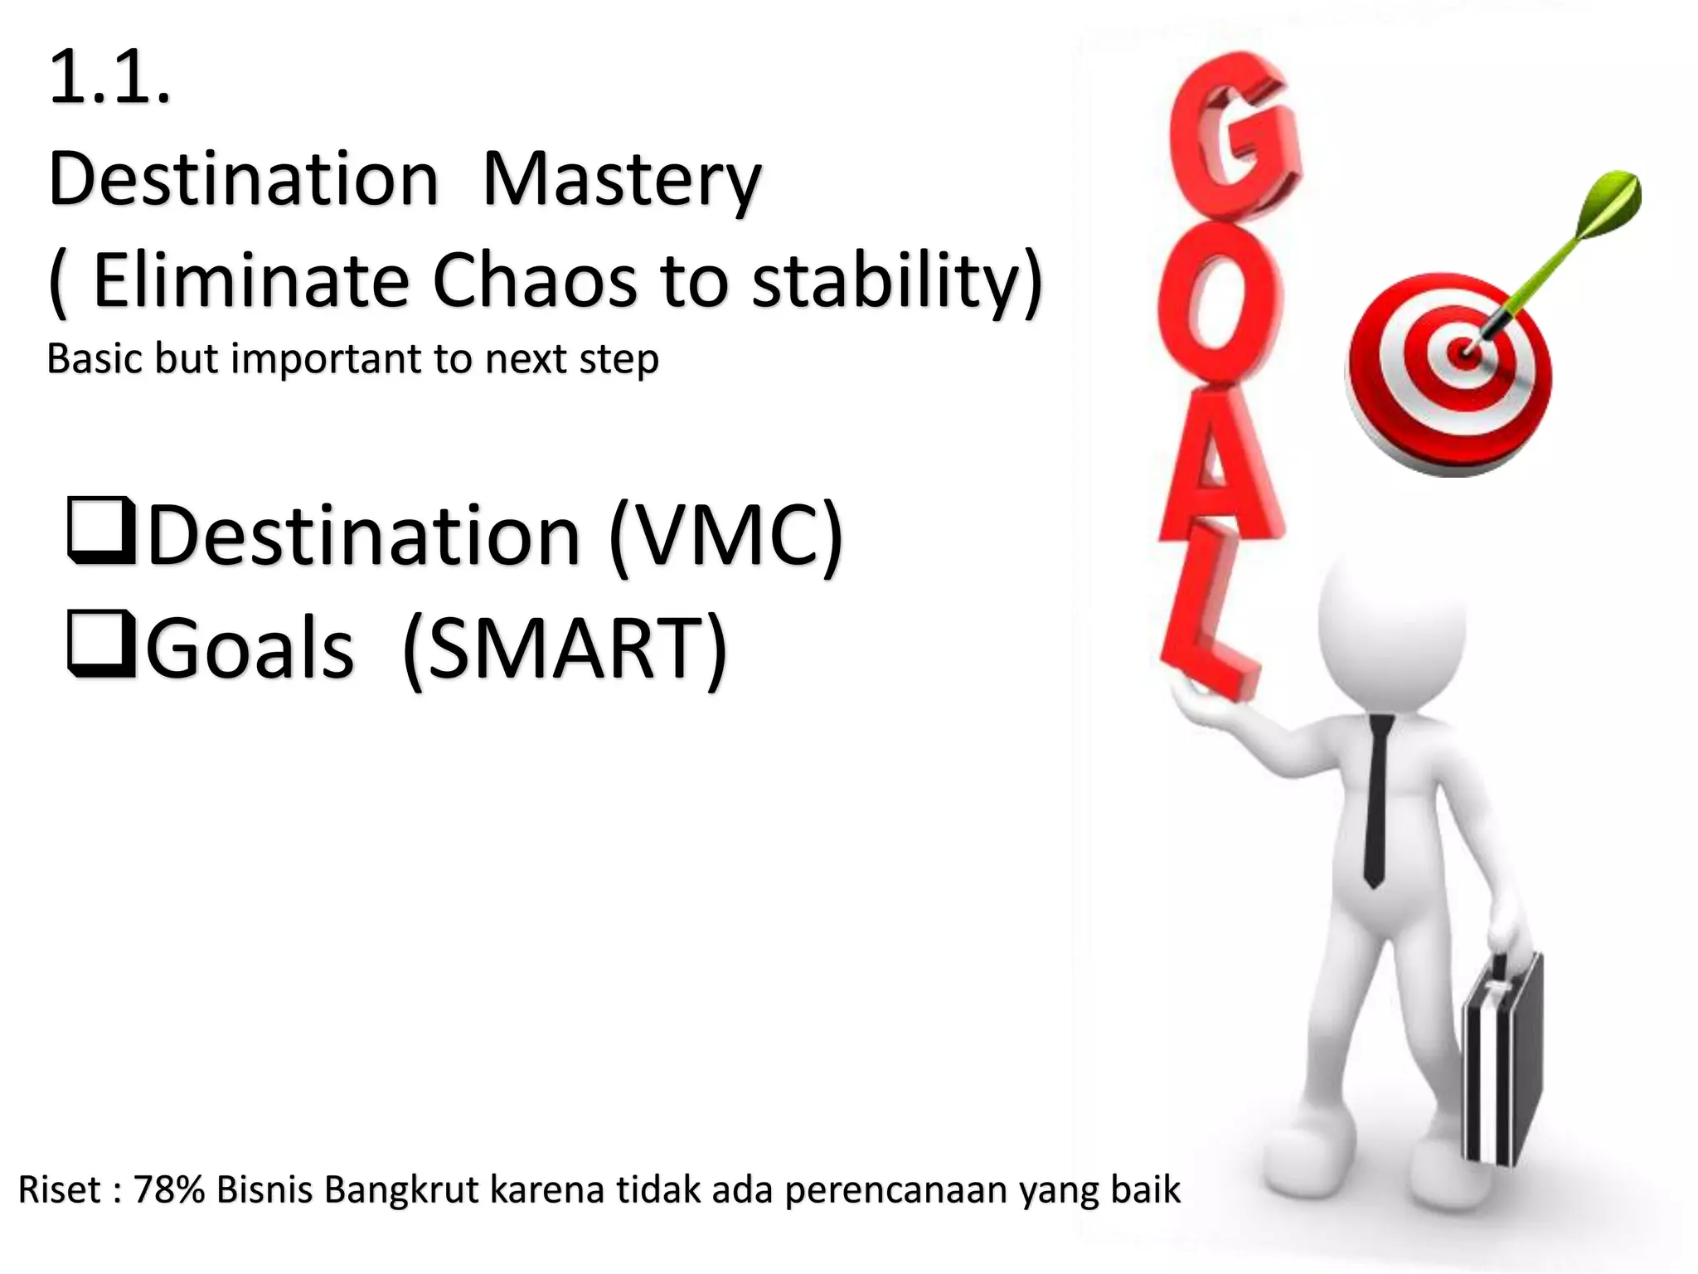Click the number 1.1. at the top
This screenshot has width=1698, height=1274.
[109, 80]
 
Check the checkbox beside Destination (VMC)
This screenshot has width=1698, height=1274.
[100, 531]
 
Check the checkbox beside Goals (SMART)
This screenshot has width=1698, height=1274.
[100, 644]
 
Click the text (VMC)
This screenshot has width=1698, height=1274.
[725, 535]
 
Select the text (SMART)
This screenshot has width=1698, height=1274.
[564, 649]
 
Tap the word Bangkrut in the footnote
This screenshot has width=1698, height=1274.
[401, 1189]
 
